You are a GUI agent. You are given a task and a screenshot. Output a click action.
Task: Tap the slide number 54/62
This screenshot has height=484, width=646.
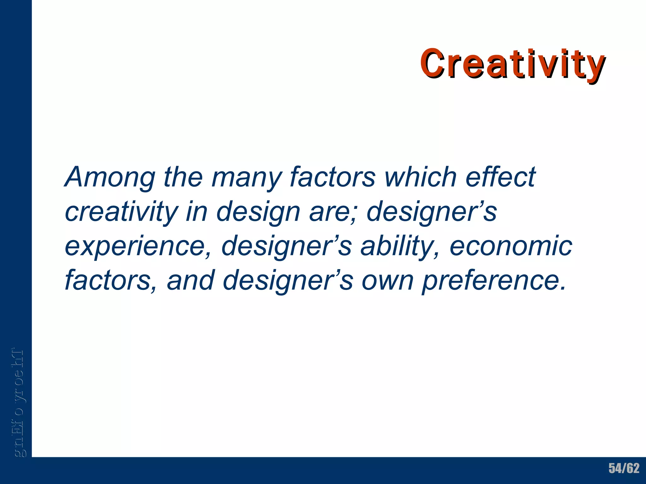click(624, 468)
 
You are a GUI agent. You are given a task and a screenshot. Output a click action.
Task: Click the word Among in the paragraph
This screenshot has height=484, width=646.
click(110, 177)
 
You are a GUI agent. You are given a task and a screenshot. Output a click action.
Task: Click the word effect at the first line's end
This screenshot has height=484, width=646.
click(501, 177)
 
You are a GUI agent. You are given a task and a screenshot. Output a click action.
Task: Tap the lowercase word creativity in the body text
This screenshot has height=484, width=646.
click(121, 212)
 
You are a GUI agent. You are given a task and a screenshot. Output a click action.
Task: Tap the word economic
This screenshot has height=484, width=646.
click(511, 246)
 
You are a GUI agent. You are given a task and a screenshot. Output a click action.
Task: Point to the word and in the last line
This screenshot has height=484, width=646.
click(191, 280)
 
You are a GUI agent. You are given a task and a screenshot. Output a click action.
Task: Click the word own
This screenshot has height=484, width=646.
click(387, 280)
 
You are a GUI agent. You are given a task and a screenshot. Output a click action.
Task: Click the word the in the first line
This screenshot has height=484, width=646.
click(183, 177)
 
